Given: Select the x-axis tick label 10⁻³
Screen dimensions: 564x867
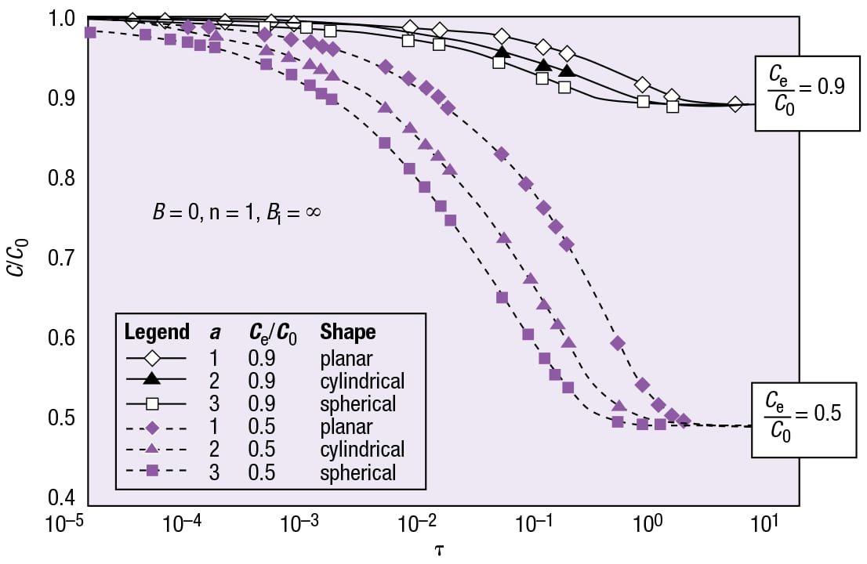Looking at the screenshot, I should pyautogui.click(x=300, y=526).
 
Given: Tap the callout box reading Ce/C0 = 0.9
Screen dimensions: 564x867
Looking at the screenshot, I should pyautogui.click(x=799, y=92).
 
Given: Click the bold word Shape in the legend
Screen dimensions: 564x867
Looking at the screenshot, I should pyautogui.click(x=347, y=332).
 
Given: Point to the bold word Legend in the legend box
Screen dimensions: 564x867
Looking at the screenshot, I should pyautogui.click(x=157, y=332).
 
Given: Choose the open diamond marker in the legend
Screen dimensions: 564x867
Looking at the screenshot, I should pyautogui.click(x=153, y=358).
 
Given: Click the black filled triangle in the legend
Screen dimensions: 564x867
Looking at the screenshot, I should pyautogui.click(x=153, y=381).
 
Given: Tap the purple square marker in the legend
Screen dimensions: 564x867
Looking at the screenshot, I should pyautogui.click(x=153, y=472).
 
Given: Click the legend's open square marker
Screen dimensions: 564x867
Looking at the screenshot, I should pyautogui.click(x=153, y=404).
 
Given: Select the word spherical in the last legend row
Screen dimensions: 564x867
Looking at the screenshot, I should pyautogui.click(x=357, y=472).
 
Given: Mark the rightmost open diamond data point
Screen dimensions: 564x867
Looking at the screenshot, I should pyautogui.click(x=735, y=104).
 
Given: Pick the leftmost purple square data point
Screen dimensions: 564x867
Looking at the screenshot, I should pyautogui.click(x=89, y=32).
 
